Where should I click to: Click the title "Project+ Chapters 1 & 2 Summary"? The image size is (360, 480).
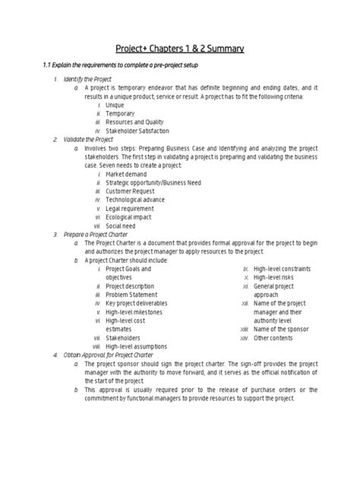pos(180,49)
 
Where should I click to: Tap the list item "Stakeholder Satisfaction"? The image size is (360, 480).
pos(138,131)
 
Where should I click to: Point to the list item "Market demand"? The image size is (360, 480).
pos(127,174)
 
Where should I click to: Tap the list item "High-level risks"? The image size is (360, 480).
pos(273,277)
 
